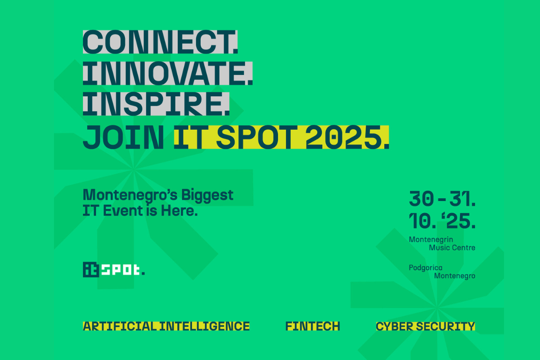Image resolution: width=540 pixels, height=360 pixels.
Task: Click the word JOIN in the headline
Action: coord(123,137)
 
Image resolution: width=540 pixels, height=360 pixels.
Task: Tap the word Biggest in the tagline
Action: coord(207,196)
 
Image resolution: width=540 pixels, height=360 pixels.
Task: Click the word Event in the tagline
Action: coord(123,211)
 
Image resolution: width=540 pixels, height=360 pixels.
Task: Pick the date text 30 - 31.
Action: coord(442,199)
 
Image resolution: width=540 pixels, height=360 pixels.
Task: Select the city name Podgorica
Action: coord(426,268)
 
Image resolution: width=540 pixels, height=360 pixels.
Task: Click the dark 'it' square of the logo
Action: coord(91,270)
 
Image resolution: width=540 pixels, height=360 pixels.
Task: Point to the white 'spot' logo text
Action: coord(121,270)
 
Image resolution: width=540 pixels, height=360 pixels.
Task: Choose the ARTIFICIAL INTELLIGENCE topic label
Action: coord(166,326)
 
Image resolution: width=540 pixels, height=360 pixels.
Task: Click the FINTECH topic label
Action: coord(313,326)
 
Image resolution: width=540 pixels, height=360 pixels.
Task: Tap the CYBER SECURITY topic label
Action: coord(426,326)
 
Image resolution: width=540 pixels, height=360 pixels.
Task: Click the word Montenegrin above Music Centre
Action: coord(431,240)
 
